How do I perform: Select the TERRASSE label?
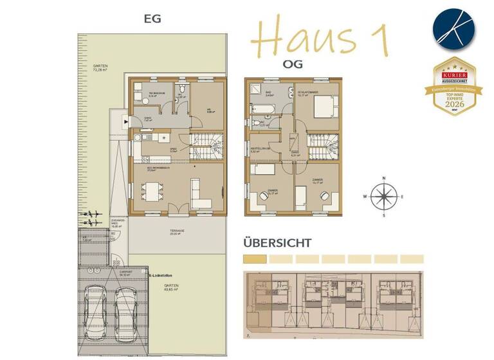click(178, 231)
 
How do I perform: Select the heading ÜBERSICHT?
click(277, 244)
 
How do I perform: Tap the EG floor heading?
click(152, 19)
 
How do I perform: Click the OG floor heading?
click(293, 64)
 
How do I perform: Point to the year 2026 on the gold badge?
click(455, 102)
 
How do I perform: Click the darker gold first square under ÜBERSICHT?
click(254, 258)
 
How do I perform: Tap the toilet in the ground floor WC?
click(183, 89)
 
